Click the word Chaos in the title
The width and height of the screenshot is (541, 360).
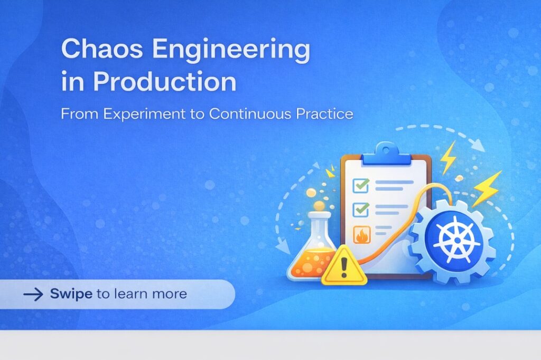(x=102, y=49)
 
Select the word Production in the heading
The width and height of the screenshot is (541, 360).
(x=165, y=81)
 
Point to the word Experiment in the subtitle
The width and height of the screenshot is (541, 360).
(x=144, y=114)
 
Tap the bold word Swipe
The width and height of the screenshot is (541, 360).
(x=71, y=294)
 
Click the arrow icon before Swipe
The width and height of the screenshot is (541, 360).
(x=33, y=294)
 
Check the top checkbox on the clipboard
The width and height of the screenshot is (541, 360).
(x=360, y=185)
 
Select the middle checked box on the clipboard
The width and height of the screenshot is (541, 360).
(x=360, y=210)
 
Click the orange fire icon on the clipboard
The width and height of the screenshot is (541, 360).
(x=362, y=235)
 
